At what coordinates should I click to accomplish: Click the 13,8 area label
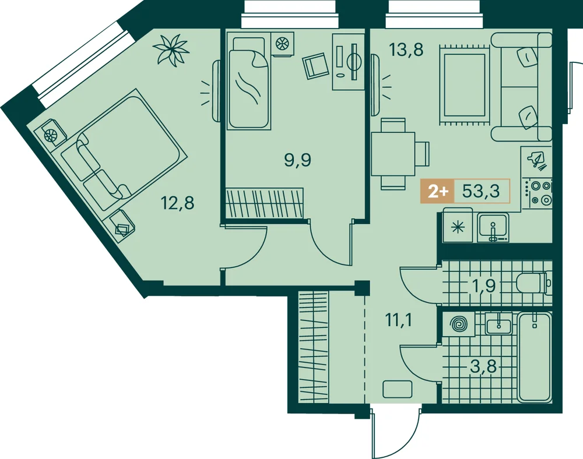tap(406, 50)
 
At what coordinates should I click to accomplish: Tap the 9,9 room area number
tap(297, 160)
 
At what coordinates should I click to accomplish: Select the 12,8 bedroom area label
tap(177, 203)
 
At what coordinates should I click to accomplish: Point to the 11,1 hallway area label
tap(399, 320)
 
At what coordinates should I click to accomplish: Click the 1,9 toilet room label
tap(483, 285)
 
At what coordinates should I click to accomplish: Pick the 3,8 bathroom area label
tap(483, 367)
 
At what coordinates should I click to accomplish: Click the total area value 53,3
tap(481, 191)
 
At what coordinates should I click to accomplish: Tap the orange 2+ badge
tap(437, 191)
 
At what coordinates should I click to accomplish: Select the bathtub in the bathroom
tap(535, 357)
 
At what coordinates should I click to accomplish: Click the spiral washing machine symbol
tap(458, 324)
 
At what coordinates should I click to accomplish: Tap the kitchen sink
tap(493, 227)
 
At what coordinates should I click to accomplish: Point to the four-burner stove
tap(537, 192)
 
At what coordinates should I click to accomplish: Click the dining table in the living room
tap(393, 154)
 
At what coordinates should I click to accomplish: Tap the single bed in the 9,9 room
tap(249, 80)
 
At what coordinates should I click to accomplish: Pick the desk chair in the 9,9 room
tap(315, 66)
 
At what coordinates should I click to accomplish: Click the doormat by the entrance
tap(398, 389)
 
